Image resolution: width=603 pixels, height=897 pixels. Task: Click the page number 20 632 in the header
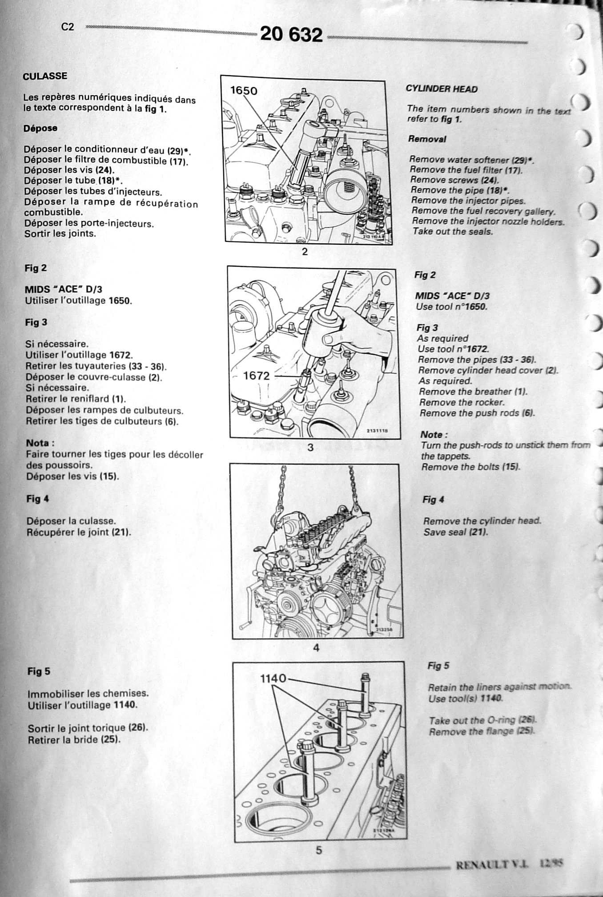pos(291,34)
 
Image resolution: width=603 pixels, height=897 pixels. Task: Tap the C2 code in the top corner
pos(68,27)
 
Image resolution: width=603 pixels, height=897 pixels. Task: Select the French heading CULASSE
pos(45,76)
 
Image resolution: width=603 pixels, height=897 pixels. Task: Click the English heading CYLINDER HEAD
pos(442,89)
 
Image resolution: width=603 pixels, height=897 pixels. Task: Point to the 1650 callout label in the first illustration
pos(244,91)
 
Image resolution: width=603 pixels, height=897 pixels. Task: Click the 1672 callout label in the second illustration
pos(256,376)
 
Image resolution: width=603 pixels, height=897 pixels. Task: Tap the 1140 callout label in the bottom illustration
pos(273,679)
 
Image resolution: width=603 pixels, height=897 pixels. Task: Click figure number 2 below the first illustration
pos(305,251)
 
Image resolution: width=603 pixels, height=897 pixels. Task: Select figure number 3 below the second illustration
pos(310,448)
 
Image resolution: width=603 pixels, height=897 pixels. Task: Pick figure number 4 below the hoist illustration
pos(316,648)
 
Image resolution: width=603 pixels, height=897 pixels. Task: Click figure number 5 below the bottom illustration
pos(319,850)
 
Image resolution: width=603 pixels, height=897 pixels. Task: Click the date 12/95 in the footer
pos(551,864)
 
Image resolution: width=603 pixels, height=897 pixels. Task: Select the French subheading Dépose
pos(40,128)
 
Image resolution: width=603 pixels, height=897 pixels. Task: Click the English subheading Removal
pos(427,139)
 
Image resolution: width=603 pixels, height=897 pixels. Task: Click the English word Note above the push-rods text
pos(434,435)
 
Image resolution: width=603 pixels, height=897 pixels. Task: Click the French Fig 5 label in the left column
pos(39,671)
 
